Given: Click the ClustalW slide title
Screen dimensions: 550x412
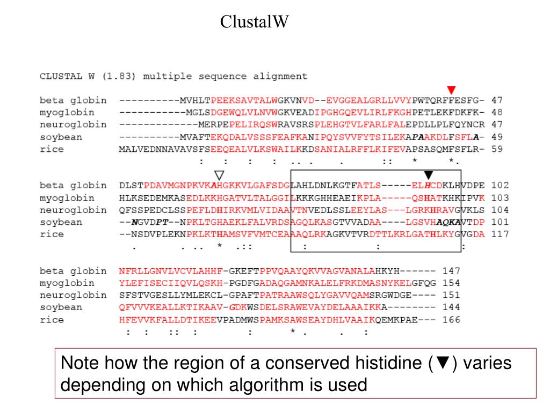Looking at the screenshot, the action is (x=255, y=22).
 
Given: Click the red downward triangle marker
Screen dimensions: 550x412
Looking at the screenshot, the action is (x=451, y=89).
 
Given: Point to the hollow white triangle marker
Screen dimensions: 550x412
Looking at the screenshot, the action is (x=219, y=174).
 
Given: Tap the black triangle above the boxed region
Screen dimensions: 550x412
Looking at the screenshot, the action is (x=428, y=174).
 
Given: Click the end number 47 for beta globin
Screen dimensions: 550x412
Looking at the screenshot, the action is (x=497, y=100).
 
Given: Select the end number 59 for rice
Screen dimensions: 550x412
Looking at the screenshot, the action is (x=497, y=149).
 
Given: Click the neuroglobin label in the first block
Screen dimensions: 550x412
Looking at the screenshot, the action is (x=73, y=125).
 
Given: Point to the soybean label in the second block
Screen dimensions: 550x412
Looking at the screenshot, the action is (x=61, y=222).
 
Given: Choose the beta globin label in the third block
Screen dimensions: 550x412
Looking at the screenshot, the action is (x=73, y=271).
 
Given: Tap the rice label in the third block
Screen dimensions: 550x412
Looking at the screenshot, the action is (x=52, y=320).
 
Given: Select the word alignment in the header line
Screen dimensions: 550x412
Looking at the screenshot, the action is (x=284, y=76).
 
